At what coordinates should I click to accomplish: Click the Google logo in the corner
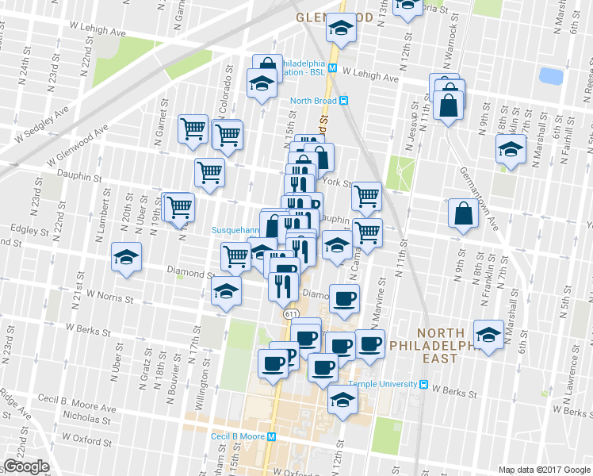pyautogui.click(x=26, y=466)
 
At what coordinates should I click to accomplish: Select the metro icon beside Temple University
pyautogui.click(x=424, y=386)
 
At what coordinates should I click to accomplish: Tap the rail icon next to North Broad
pyautogui.click(x=344, y=101)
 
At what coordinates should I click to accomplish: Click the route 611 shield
pyautogui.click(x=292, y=314)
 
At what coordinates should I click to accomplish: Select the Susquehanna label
pyautogui.click(x=236, y=230)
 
